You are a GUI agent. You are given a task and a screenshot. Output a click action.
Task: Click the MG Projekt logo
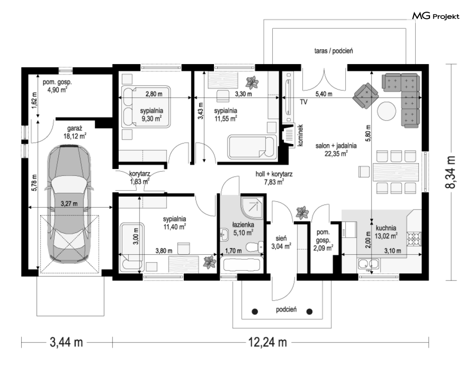[x=436, y=16]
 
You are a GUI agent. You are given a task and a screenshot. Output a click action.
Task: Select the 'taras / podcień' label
[x=334, y=51]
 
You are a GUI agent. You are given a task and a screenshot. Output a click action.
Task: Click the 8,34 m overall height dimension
[x=451, y=173]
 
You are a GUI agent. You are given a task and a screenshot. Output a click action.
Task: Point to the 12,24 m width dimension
[x=268, y=342]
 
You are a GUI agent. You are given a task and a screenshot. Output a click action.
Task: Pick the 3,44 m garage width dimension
[x=66, y=342]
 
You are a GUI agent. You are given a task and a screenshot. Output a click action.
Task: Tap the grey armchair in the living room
[x=366, y=95]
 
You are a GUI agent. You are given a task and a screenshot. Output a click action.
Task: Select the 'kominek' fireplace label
[x=300, y=136]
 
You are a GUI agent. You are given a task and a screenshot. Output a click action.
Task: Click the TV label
[x=303, y=102]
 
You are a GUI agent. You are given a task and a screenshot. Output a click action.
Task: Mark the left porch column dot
[x=255, y=311]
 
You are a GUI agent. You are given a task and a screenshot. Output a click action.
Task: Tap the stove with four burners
[x=414, y=239]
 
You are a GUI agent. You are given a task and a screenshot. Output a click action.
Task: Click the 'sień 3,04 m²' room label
[x=281, y=243]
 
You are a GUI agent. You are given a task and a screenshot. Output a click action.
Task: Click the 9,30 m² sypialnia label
[x=151, y=115]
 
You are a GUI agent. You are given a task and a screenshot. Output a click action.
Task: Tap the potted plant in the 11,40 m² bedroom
[x=209, y=262]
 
